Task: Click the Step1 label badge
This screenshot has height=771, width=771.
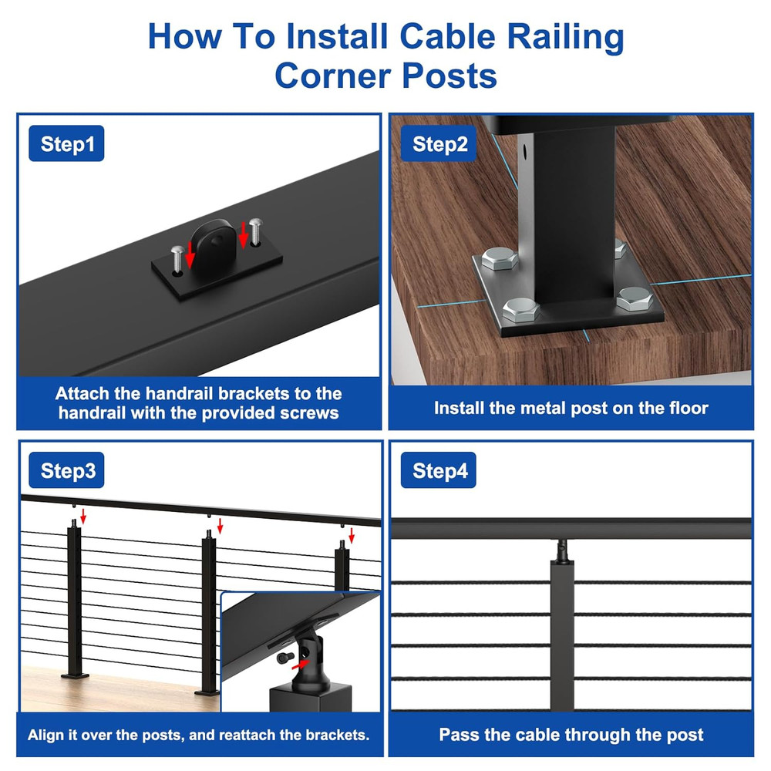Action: tap(66, 145)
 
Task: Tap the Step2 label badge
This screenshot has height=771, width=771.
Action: tap(439, 145)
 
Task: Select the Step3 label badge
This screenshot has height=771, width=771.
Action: tap(68, 471)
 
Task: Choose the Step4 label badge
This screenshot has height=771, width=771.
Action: tap(439, 471)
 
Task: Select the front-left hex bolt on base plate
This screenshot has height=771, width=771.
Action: tap(519, 310)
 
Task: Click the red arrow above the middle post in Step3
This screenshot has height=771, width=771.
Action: tap(220, 527)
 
